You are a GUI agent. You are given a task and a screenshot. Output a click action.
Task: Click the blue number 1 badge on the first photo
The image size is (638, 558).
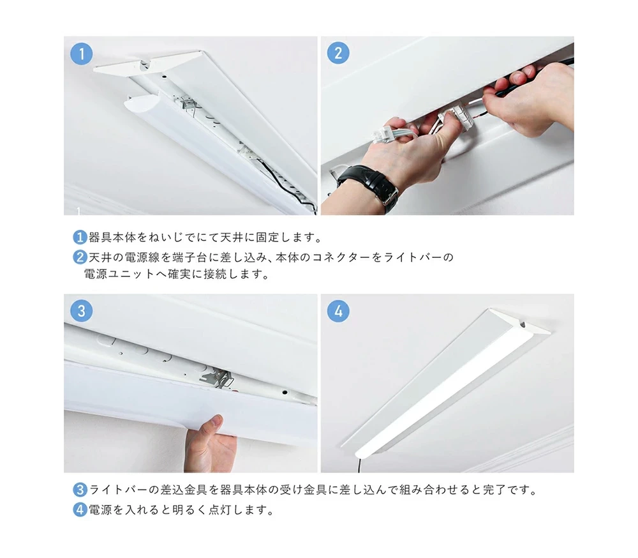(82, 54)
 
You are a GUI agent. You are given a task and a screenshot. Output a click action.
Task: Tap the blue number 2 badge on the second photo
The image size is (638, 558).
(338, 52)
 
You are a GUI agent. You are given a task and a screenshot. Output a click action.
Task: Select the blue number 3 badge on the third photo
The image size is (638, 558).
(82, 311)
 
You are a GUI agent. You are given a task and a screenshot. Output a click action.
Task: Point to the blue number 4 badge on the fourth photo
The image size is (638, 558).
(338, 311)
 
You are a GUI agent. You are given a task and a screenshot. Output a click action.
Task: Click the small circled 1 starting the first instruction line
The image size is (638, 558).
(80, 237)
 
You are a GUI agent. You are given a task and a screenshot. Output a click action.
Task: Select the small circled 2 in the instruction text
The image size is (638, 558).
(80, 257)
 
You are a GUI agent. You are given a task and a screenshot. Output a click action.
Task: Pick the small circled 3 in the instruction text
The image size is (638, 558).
(80, 489)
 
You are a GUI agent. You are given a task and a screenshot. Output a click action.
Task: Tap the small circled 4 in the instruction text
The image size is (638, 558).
(80, 509)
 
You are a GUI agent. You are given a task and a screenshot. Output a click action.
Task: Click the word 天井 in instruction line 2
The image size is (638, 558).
(101, 257)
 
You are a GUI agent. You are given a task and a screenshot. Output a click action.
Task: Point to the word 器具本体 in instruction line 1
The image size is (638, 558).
(112, 237)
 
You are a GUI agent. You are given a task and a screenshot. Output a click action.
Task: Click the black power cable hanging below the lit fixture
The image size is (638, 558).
(360, 465)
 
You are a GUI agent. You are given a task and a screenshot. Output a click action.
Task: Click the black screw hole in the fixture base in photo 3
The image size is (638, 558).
(285, 392)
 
